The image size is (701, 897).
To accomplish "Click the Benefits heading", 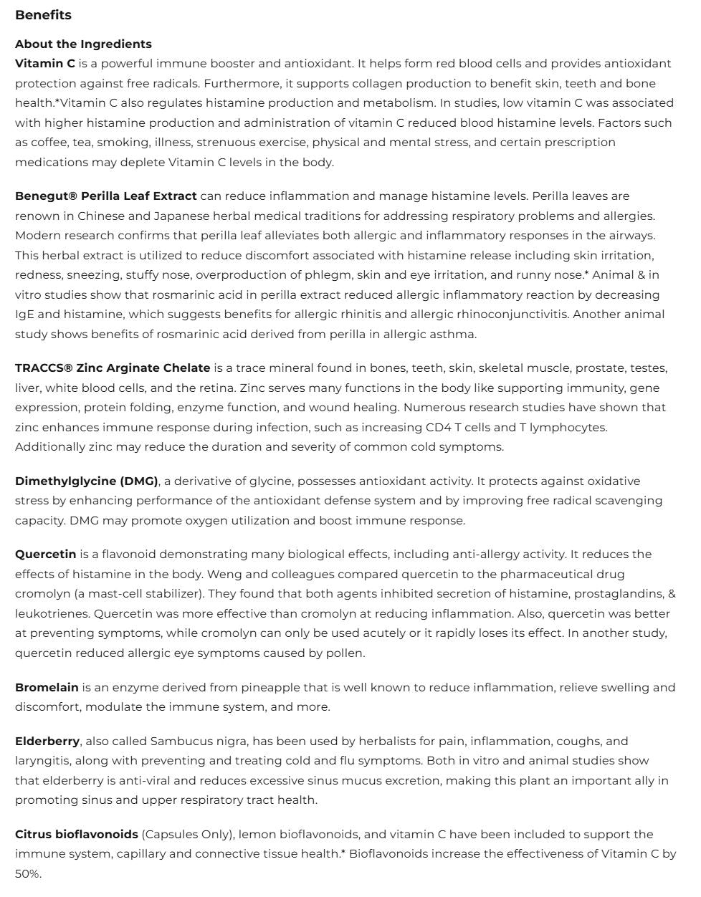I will (43, 15).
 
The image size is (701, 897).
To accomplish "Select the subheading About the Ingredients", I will (83, 44).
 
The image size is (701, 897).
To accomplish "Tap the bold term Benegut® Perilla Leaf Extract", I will (105, 196).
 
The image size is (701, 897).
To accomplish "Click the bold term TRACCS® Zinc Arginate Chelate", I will (113, 368).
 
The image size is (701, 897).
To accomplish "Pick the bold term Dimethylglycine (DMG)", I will (87, 481).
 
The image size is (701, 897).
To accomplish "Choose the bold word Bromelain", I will (47, 688).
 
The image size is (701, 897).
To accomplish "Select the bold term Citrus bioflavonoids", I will (77, 835).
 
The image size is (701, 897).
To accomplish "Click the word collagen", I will (270, 84).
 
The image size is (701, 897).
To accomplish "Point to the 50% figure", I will (28, 874).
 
